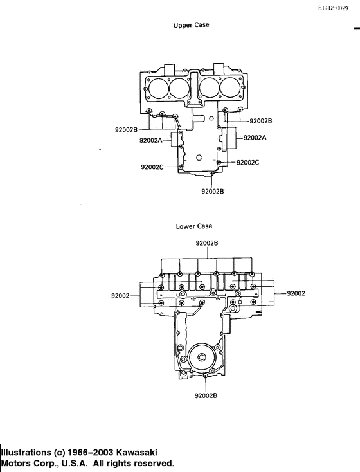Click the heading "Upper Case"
pos(191,25)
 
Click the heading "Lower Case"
pos(194,226)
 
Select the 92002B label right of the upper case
pos(260,121)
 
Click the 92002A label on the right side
pos(255,138)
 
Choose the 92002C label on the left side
pos(152,167)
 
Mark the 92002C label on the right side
pos(248,163)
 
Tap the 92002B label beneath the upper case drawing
pos(212,191)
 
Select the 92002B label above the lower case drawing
pos(207,243)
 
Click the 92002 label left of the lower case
pos(121,296)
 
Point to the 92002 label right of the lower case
pos(296,293)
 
